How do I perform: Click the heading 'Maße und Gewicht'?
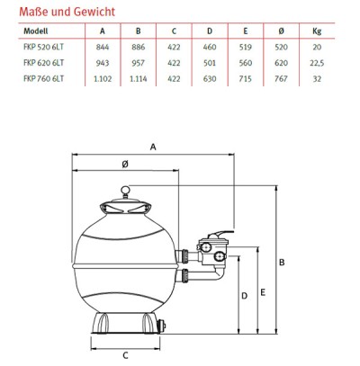(67, 12)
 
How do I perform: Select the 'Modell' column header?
(36, 31)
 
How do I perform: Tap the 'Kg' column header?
(317, 31)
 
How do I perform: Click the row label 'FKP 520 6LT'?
(44, 47)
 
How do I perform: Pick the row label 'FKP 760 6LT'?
(44, 78)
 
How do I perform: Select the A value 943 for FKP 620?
(103, 63)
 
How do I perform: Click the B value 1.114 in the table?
(139, 79)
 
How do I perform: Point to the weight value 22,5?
(317, 63)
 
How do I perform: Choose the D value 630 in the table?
(210, 79)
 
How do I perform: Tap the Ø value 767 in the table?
(281, 79)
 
